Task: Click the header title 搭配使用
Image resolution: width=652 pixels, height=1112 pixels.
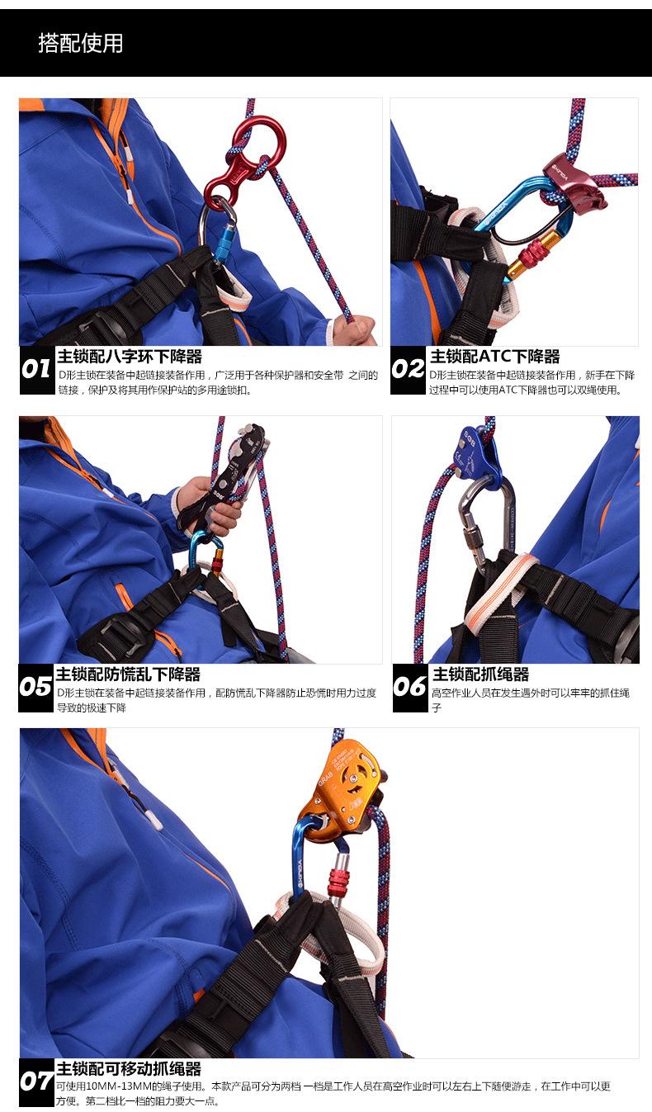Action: [80, 43]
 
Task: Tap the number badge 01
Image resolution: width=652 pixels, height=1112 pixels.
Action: [36, 369]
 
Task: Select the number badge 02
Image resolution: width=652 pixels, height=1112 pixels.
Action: [408, 369]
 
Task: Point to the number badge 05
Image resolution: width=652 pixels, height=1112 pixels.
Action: [35, 687]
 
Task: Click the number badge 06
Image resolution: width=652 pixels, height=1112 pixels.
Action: [410, 687]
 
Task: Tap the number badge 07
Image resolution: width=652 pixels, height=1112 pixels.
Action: [36, 1082]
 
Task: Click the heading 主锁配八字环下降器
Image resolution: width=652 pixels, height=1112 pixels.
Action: [130, 357]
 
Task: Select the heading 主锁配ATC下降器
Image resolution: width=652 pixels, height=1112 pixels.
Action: [494, 357]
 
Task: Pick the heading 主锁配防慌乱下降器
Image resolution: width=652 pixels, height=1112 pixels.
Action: [128, 674]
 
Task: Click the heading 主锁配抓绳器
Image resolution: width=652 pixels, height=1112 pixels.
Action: [481, 674]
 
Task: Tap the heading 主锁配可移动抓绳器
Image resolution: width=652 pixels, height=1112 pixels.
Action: [129, 1069]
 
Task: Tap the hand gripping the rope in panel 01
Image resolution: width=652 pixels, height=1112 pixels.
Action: [355, 329]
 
